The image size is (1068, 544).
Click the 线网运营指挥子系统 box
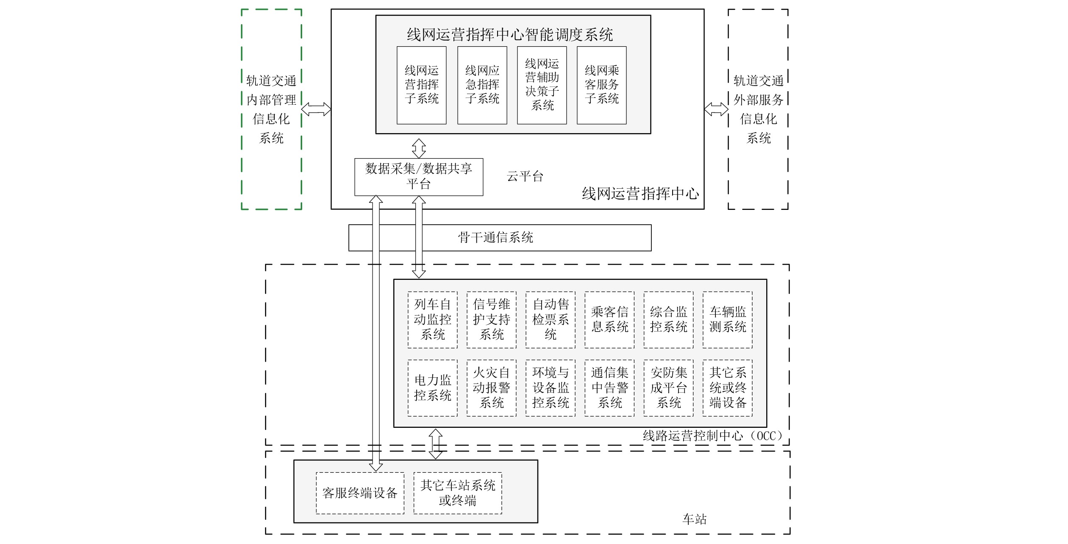pos(421,85)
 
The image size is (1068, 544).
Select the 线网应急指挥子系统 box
pos(482,85)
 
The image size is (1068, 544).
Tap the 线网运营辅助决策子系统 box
pos(542,85)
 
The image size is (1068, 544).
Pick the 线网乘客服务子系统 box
pos(601,85)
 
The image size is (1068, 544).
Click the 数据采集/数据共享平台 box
pos(419,177)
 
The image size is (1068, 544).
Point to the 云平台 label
pos(525,176)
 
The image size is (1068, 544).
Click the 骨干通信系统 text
pos(495,237)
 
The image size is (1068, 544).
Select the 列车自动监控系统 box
pos(432,320)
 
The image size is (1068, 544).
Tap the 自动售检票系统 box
pos(550,320)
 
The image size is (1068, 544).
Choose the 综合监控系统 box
pos(668,320)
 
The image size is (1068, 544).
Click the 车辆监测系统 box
pos(727,320)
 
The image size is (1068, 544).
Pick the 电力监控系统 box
pos(432,388)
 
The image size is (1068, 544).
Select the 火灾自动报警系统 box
pos(491,388)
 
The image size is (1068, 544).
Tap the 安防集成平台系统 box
pos(668,388)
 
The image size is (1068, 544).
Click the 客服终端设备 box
pos(360,493)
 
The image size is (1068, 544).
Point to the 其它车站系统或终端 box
pos(458,493)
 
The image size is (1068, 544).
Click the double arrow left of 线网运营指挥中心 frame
pos(316,109)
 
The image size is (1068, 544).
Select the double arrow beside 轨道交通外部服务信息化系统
pos(716,109)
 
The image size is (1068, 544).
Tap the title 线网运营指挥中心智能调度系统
pos(510,35)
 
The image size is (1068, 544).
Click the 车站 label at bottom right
pos(695,519)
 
